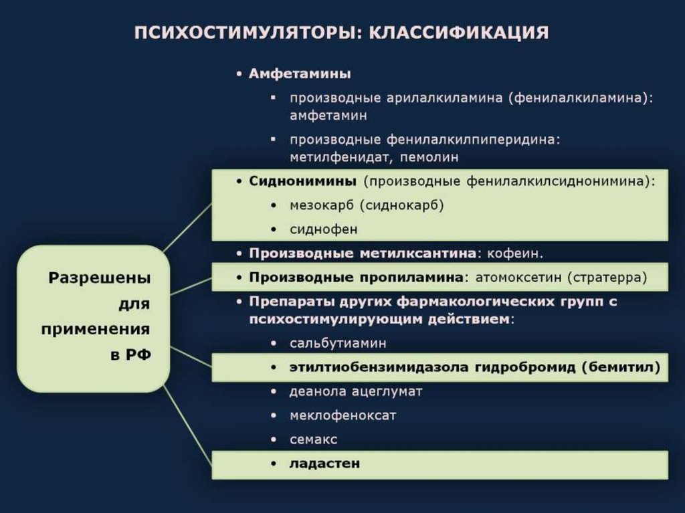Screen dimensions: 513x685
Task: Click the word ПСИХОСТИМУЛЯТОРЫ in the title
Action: point(246,33)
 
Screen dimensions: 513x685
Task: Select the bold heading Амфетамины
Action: point(300,74)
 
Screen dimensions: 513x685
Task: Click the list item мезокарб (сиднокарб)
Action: point(367,205)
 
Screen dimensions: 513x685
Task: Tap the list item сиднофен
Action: point(324,229)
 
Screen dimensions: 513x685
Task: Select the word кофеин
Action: point(515,254)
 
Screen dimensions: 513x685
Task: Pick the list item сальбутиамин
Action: point(338,343)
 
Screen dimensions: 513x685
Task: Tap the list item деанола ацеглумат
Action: point(355,391)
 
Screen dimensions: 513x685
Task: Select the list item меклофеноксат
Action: point(342,415)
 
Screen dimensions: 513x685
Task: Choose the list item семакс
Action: point(313,439)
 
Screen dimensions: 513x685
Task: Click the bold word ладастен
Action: point(324,463)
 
